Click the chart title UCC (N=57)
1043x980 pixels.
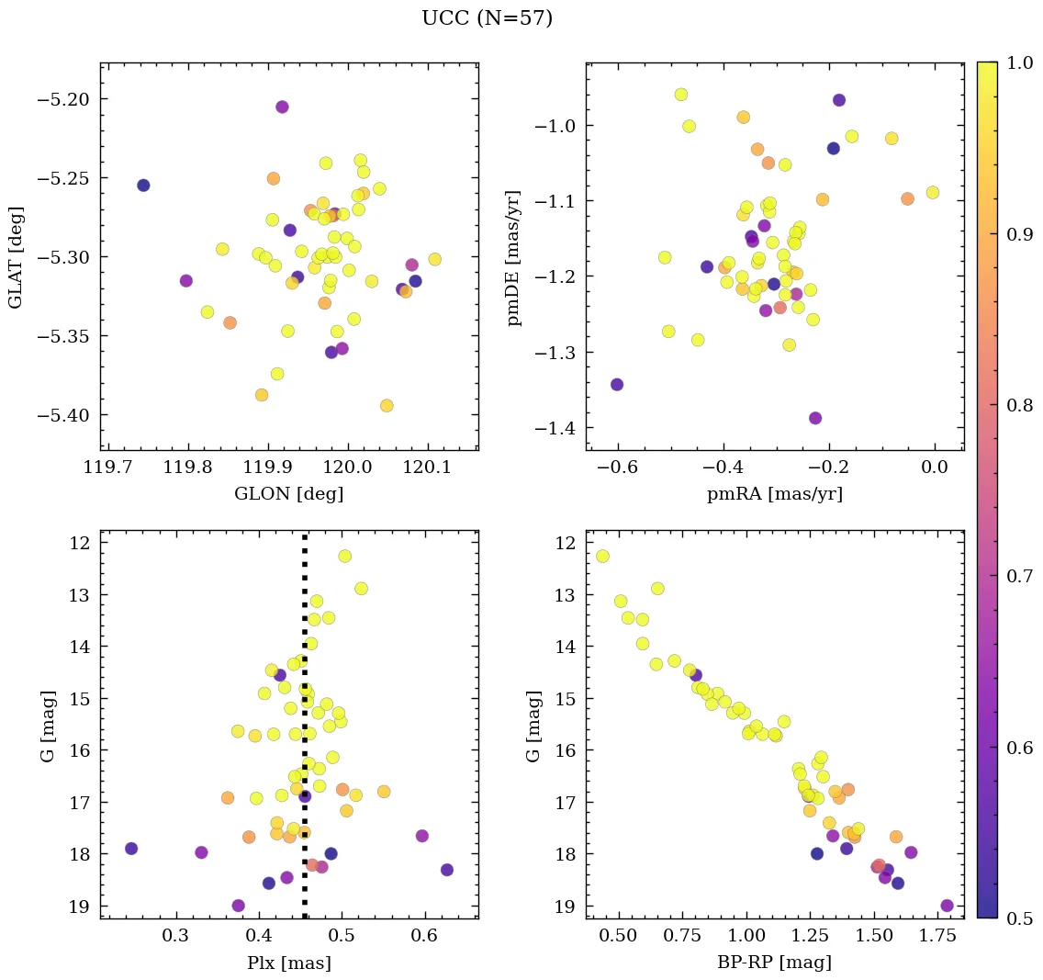click(x=487, y=18)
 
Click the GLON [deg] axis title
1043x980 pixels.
click(x=288, y=494)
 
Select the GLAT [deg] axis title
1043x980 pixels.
click(x=16, y=257)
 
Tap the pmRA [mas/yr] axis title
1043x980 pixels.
click(x=774, y=494)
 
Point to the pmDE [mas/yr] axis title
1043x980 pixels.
click(x=514, y=257)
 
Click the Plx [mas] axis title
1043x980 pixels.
click(x=288, y=963)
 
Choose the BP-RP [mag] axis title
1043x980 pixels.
click(x=774, y=963)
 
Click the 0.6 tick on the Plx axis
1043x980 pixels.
click(x=424, y=937)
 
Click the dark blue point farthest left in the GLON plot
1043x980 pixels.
click(x=143, y=186)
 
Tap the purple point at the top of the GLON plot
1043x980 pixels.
click(x=282, y=107)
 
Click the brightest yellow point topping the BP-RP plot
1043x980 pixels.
click(x=602, y=556)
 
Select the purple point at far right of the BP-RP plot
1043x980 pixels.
click(x=948, y=906)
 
